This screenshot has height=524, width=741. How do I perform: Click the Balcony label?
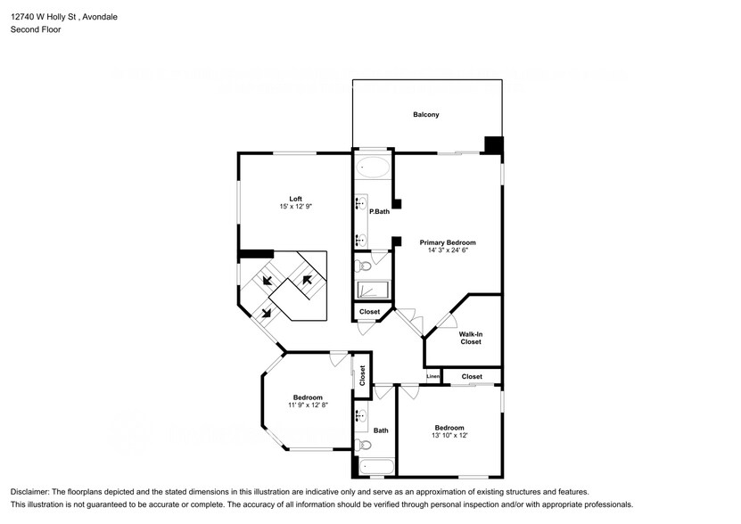coord(425,115)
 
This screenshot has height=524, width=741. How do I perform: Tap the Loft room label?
coord(294,198)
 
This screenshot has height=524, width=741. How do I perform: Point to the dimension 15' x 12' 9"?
coord(294,207)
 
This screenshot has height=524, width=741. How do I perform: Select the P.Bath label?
coord(379,211)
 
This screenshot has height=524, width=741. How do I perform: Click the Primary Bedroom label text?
coord(448,242)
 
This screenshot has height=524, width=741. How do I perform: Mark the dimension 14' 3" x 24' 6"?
coord(448,250)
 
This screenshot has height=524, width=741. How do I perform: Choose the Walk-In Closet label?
coord(471,338)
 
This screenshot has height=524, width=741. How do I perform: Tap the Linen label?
coord(432,377)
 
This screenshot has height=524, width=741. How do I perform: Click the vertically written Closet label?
coord(362,376)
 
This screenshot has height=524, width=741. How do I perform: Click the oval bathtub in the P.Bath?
coord(372,167)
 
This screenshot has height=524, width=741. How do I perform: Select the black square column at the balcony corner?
coord(493,145)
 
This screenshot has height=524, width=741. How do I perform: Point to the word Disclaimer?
coord(31,492)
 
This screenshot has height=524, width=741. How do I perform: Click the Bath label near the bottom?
coord(381,430)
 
